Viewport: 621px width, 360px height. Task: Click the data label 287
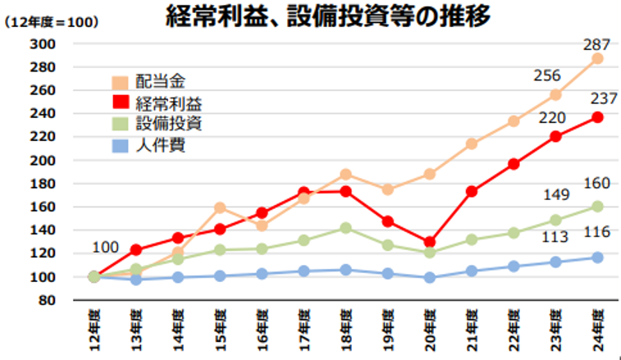coord(596,41)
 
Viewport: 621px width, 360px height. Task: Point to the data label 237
coord(596,99)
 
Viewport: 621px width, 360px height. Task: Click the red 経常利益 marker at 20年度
coord(430,242)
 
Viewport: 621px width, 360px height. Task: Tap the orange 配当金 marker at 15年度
coord(220,208)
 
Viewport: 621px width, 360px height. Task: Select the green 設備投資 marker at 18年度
coord(345,228)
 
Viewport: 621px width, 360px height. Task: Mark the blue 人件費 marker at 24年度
coord(597,257)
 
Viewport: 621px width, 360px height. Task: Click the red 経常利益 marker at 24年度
coord(597,117)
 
